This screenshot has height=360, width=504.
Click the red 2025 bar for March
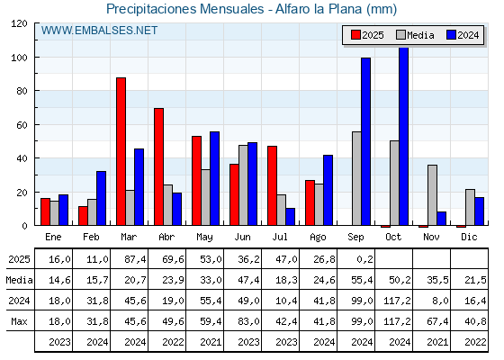coord(121,151)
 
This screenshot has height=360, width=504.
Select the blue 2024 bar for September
coord(365,141)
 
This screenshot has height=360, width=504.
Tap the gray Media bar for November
coord(432,195)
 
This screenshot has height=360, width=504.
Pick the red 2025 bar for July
coord(272,185)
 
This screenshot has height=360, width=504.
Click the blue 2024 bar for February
coord(101,198)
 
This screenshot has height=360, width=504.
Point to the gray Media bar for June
coord(243,185)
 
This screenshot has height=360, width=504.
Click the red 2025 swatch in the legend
coord(355,35)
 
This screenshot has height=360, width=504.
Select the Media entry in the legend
coord(415,35)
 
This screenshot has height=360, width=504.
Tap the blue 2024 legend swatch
coord(451,35)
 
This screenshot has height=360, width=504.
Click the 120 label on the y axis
coord(19,23)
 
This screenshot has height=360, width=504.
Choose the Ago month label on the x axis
coord(318,238)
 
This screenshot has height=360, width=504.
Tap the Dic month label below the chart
coord(469,237)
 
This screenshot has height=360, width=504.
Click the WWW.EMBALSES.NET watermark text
coord(99,31)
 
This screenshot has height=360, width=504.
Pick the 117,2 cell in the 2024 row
coord(397,301)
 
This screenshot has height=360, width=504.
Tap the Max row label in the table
coord(19,321)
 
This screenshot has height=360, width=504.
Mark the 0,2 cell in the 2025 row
coord(365,259)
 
